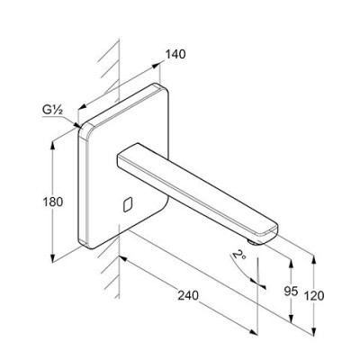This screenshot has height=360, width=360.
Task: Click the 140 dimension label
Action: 175,54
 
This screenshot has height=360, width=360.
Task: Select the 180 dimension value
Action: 53,202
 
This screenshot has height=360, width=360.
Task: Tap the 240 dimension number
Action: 188,295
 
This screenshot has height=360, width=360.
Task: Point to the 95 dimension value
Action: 291,291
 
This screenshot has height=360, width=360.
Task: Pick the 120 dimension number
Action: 314,296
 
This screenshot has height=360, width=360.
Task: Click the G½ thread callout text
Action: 52,111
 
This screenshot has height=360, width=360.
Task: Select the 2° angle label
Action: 239,255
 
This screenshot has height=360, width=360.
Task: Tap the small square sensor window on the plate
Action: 128,205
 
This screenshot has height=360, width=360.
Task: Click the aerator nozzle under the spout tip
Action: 253,242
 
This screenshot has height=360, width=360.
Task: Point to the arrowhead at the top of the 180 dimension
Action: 53,146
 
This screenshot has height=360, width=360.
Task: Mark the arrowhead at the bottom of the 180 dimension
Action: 53,258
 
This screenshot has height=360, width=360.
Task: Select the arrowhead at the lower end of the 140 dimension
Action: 82,106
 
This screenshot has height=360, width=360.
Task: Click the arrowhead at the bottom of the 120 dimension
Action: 314,331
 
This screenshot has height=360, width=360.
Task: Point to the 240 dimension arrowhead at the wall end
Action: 123,258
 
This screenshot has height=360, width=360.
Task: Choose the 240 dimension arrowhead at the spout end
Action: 254,332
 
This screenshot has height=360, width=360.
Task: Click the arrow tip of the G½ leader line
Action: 79,127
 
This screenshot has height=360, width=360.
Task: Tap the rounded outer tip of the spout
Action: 277,231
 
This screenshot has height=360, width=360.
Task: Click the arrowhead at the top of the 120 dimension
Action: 314,260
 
